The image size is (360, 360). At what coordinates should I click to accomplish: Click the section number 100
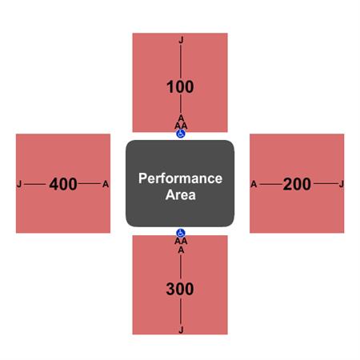180,87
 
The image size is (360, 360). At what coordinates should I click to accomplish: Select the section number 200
297,184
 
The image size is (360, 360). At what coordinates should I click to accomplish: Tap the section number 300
180,289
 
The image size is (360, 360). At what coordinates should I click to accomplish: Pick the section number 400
63,184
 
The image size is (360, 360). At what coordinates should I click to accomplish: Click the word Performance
180,178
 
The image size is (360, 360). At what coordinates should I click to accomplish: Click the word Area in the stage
181,194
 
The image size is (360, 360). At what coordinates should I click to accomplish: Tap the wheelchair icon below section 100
181,134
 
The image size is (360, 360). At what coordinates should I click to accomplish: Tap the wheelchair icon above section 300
181,233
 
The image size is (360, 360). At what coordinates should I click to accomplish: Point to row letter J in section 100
181,40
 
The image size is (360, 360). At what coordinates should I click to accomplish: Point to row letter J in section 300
181,330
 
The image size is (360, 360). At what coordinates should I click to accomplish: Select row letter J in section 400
19,184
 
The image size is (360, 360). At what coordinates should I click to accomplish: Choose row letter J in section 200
342,184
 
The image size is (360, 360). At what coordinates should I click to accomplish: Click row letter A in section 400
106,184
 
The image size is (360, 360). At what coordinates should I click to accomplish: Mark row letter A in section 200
254,184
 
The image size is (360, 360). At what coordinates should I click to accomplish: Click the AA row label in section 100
181,126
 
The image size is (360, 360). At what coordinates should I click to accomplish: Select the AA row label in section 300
181,241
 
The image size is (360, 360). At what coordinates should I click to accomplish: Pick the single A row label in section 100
181,118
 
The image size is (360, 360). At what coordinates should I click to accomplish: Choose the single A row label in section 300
181,250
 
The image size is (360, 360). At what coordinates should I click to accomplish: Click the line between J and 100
181,62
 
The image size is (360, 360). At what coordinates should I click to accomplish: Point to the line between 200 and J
326,183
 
